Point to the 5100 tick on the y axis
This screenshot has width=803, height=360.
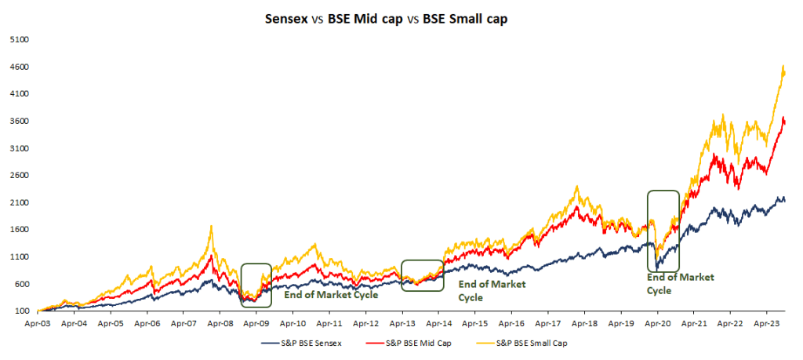coord(19,39)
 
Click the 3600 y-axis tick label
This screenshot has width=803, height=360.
coord(19,121)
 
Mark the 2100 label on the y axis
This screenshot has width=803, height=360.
coord(19,202)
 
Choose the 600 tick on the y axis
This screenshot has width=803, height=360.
coord(20,284)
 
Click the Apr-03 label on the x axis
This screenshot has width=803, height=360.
coord(38,322)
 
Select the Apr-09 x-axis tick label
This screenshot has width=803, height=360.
coord(256,322)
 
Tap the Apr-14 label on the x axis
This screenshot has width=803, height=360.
coord(438,322)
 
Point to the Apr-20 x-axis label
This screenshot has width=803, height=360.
coord(657,322)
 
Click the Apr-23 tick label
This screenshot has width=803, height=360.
coord(766,322)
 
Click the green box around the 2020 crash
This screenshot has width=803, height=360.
coord(663,231)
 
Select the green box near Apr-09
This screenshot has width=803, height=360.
coord(256,284)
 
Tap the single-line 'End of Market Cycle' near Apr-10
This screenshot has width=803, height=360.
coord(331,295)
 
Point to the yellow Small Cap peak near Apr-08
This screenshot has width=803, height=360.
coord(211,227)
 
